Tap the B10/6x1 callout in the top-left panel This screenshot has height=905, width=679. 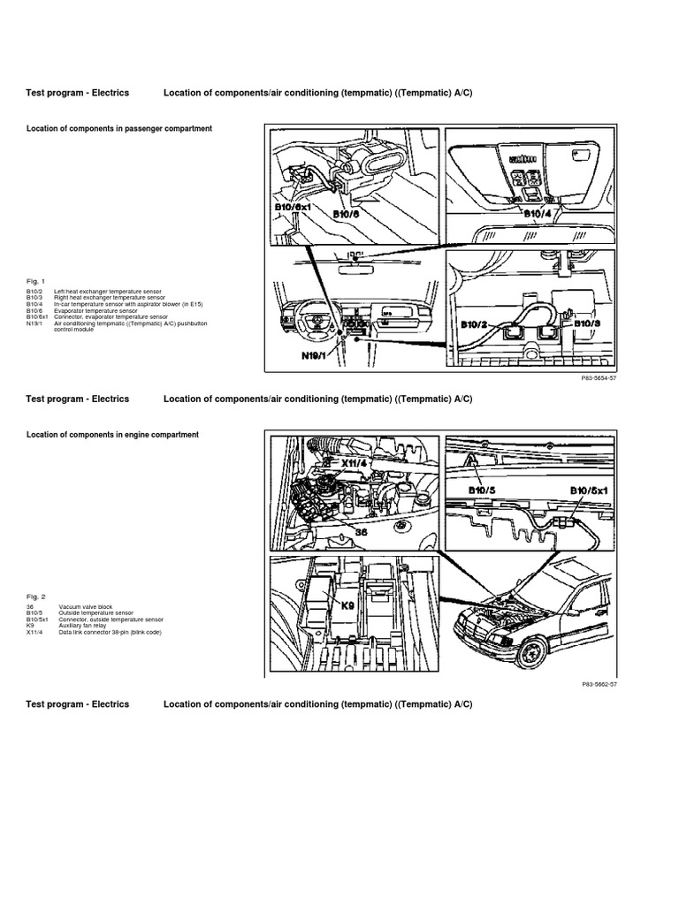pos(294,209)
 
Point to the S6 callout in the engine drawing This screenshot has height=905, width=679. pos(361,533)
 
